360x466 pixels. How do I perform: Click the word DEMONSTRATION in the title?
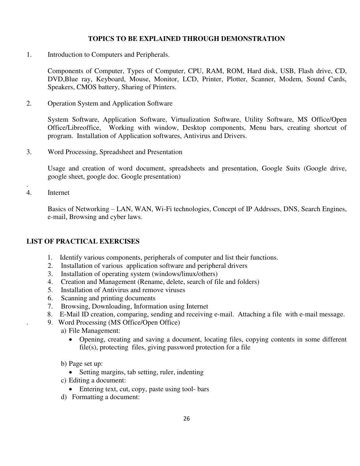coord(253,39)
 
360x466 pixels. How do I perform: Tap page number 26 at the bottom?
coord(186,419)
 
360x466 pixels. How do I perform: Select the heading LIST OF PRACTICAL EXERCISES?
coord(83,241)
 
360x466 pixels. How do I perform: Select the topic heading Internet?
coord(58,192)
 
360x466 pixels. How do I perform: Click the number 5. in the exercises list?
coord(50,290)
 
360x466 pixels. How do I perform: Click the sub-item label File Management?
coord(95,330)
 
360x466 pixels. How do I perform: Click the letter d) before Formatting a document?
coord(64,397)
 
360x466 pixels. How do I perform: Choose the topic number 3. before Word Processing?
coord(29,152)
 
